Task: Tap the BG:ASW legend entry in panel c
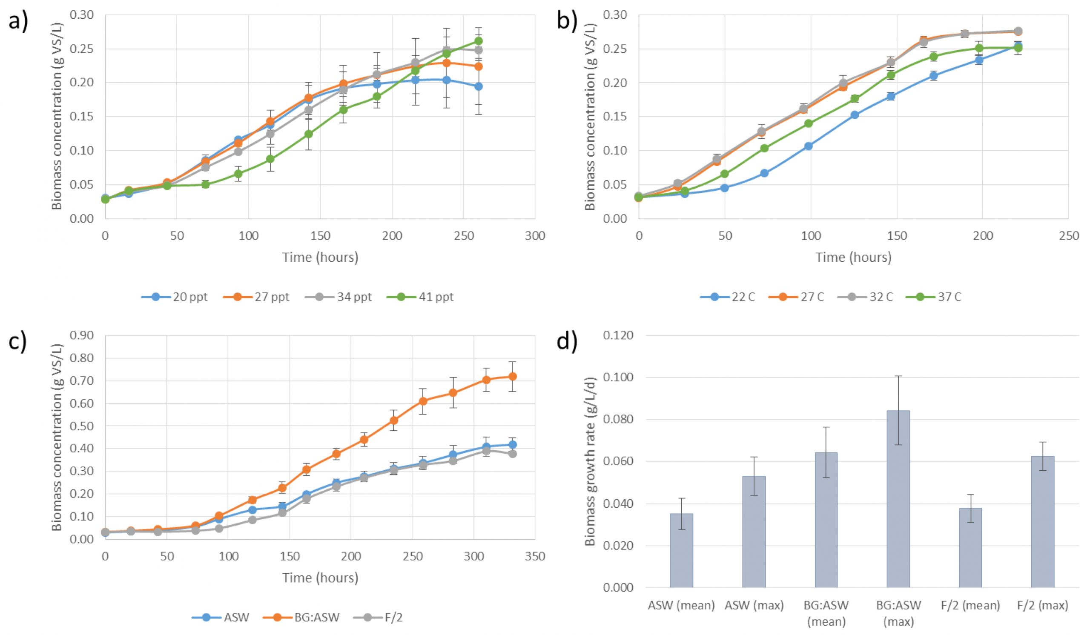pos(301,617)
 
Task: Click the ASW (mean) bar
pos(681,550)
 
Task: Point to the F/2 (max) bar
pos(1042,522)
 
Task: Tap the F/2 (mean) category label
pos(970,606)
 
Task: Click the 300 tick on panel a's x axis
pos(535,236)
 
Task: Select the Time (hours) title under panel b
pos(853,257)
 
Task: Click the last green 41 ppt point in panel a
pos(478,41)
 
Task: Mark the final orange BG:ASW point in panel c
pos(512,377)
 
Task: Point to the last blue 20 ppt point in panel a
pos(478,86)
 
